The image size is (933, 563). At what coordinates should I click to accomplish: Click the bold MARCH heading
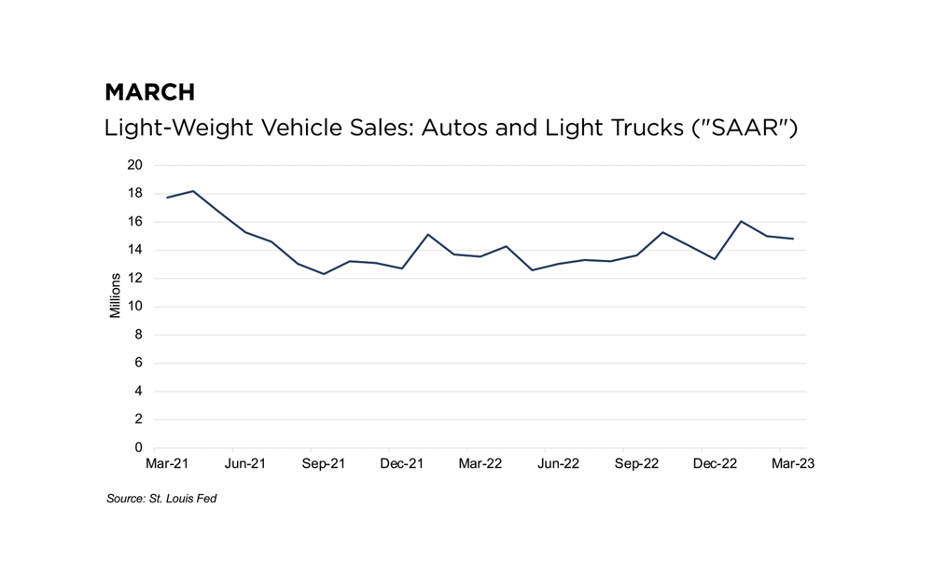tap(149, 92)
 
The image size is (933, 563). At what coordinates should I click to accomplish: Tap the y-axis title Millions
tap(116, 295)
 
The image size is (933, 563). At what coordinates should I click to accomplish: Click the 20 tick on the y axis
tap(135, 166)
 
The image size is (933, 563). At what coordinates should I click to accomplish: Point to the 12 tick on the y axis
tap(135, 279)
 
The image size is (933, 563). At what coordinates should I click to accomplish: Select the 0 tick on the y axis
tap(139, 448)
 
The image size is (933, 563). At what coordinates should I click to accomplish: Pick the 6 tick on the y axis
tap(139, 364)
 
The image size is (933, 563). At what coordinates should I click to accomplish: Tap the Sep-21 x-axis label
tap(324, 464)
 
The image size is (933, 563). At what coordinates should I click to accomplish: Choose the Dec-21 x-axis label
tap(402, 464)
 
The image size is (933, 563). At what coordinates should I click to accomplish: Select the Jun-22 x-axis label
tap(558, 464)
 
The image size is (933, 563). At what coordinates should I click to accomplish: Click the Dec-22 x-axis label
tap(715, 464)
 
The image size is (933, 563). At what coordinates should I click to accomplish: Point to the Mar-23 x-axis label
tap(793, 464)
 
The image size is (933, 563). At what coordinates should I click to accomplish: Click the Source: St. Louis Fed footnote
tap(161, 499)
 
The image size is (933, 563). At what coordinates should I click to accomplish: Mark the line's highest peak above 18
tap(193, 191)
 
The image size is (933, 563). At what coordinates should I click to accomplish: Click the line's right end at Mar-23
tap(793, 239)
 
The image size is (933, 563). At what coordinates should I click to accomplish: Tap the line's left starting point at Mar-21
tap(167, 198)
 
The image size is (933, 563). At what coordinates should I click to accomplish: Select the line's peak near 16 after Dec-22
tap(741, 221)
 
